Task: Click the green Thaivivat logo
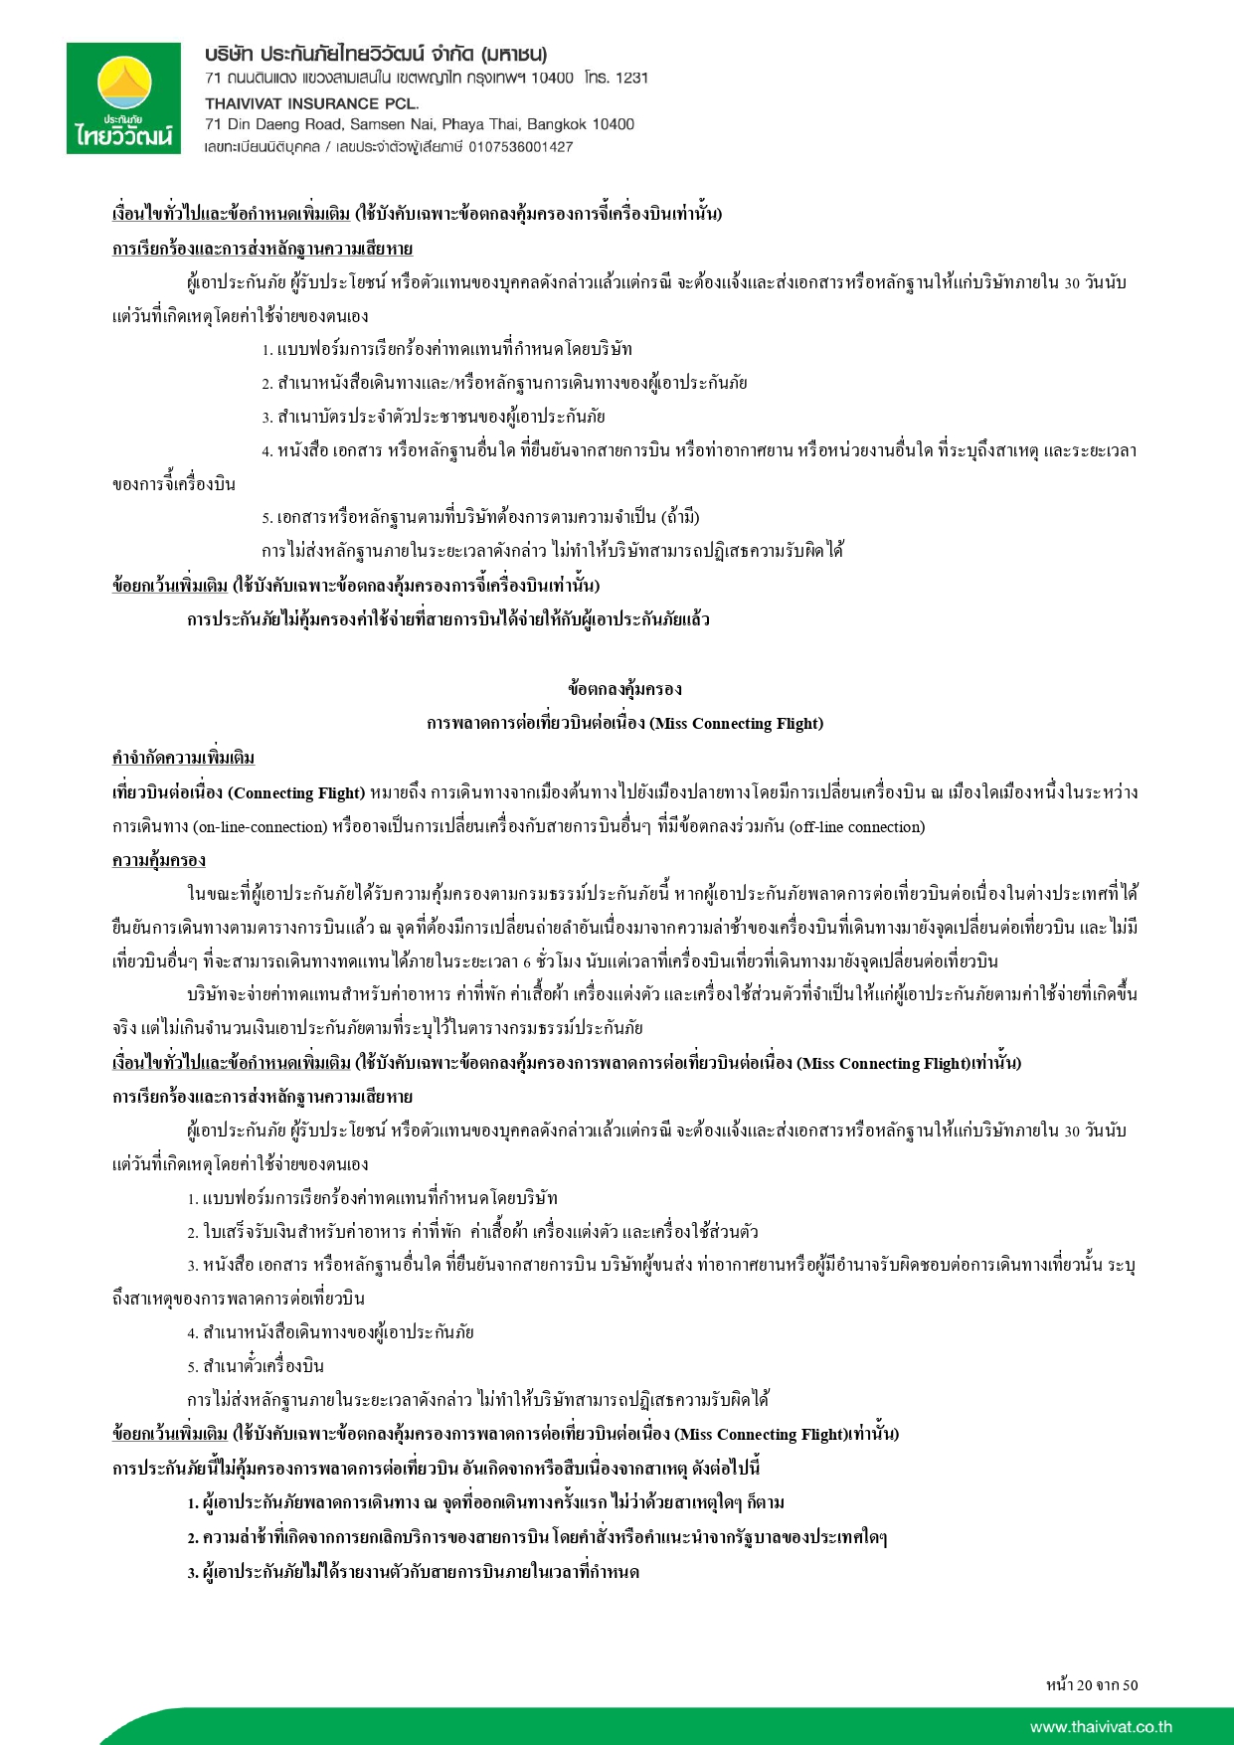123,98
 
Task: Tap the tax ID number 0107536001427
520,147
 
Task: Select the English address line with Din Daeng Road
419,124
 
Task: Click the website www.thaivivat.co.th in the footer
1101,1727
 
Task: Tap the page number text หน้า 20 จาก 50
1091,1684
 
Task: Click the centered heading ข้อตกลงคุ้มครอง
624,689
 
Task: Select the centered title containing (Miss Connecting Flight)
624,723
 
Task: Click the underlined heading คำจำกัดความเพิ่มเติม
183,758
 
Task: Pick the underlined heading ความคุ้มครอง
159,859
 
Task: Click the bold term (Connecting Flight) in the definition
296,792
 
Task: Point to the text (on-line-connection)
261,826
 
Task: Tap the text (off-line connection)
856,826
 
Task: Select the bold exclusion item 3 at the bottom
413,1572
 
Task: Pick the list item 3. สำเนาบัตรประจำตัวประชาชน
434,417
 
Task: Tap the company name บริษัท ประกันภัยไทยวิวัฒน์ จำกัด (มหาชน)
376,54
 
